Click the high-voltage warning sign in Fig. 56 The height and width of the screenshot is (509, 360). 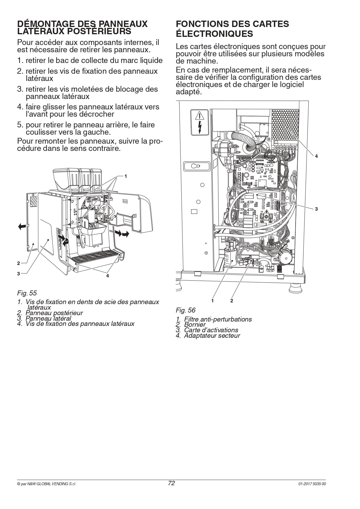point(200,122)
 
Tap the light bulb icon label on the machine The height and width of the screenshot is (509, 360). point(196,167)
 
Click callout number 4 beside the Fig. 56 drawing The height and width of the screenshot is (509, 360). point(316,156)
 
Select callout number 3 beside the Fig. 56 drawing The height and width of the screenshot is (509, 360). point(316,209)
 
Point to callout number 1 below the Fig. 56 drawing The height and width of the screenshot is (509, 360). point(212,301)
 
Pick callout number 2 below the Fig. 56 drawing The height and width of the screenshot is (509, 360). point(231,301)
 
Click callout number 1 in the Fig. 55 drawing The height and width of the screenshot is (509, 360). point(126,176)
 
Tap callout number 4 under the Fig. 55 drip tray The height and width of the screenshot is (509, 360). point(107,276)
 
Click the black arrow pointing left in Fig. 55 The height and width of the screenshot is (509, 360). point(22,226)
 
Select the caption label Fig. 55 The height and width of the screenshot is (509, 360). point(27,293)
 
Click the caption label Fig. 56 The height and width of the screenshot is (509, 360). point(186,310)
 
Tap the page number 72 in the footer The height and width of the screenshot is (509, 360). point(171,483)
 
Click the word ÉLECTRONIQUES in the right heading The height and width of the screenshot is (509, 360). point(214,34)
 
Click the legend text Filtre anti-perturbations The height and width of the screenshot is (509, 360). point(218,319)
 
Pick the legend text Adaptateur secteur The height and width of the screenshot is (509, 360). point(212,336)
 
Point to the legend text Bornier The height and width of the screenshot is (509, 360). point(195,325)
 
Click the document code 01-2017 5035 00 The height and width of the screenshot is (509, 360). point(312,484)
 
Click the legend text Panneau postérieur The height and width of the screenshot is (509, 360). point(54,313)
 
